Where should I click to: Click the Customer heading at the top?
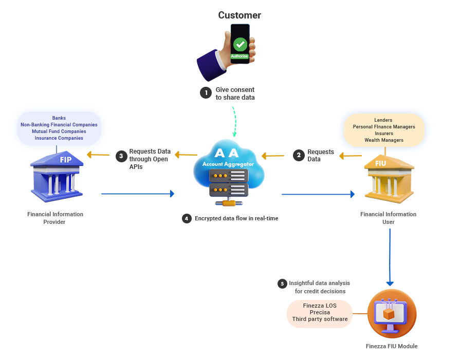coord(240,15)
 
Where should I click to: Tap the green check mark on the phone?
coord(240,45)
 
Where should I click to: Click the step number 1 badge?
coord(206,93)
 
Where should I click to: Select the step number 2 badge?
coord(299,155)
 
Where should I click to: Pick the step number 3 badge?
coord(121,156)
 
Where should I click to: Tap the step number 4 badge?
coord(186,218)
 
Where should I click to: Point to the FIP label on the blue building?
coord(66,160)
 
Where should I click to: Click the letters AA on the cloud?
coord(226,153)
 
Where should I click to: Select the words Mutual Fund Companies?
coord(59,131)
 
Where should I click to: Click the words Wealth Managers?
coord(384,140)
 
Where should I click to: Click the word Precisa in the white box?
coord(320,312)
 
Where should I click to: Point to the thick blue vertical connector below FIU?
coord(390,257)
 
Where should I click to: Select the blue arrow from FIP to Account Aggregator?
coord(138,194)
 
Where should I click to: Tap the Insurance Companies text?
coord(59,138)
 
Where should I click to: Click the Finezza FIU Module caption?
coord(392,346)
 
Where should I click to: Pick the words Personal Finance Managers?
coord(384,127)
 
